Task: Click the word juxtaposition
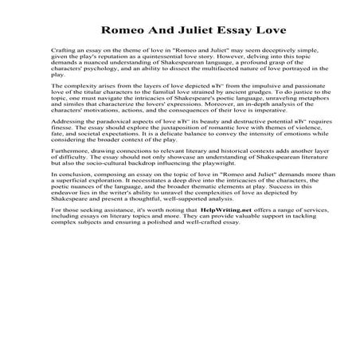point(173,154)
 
